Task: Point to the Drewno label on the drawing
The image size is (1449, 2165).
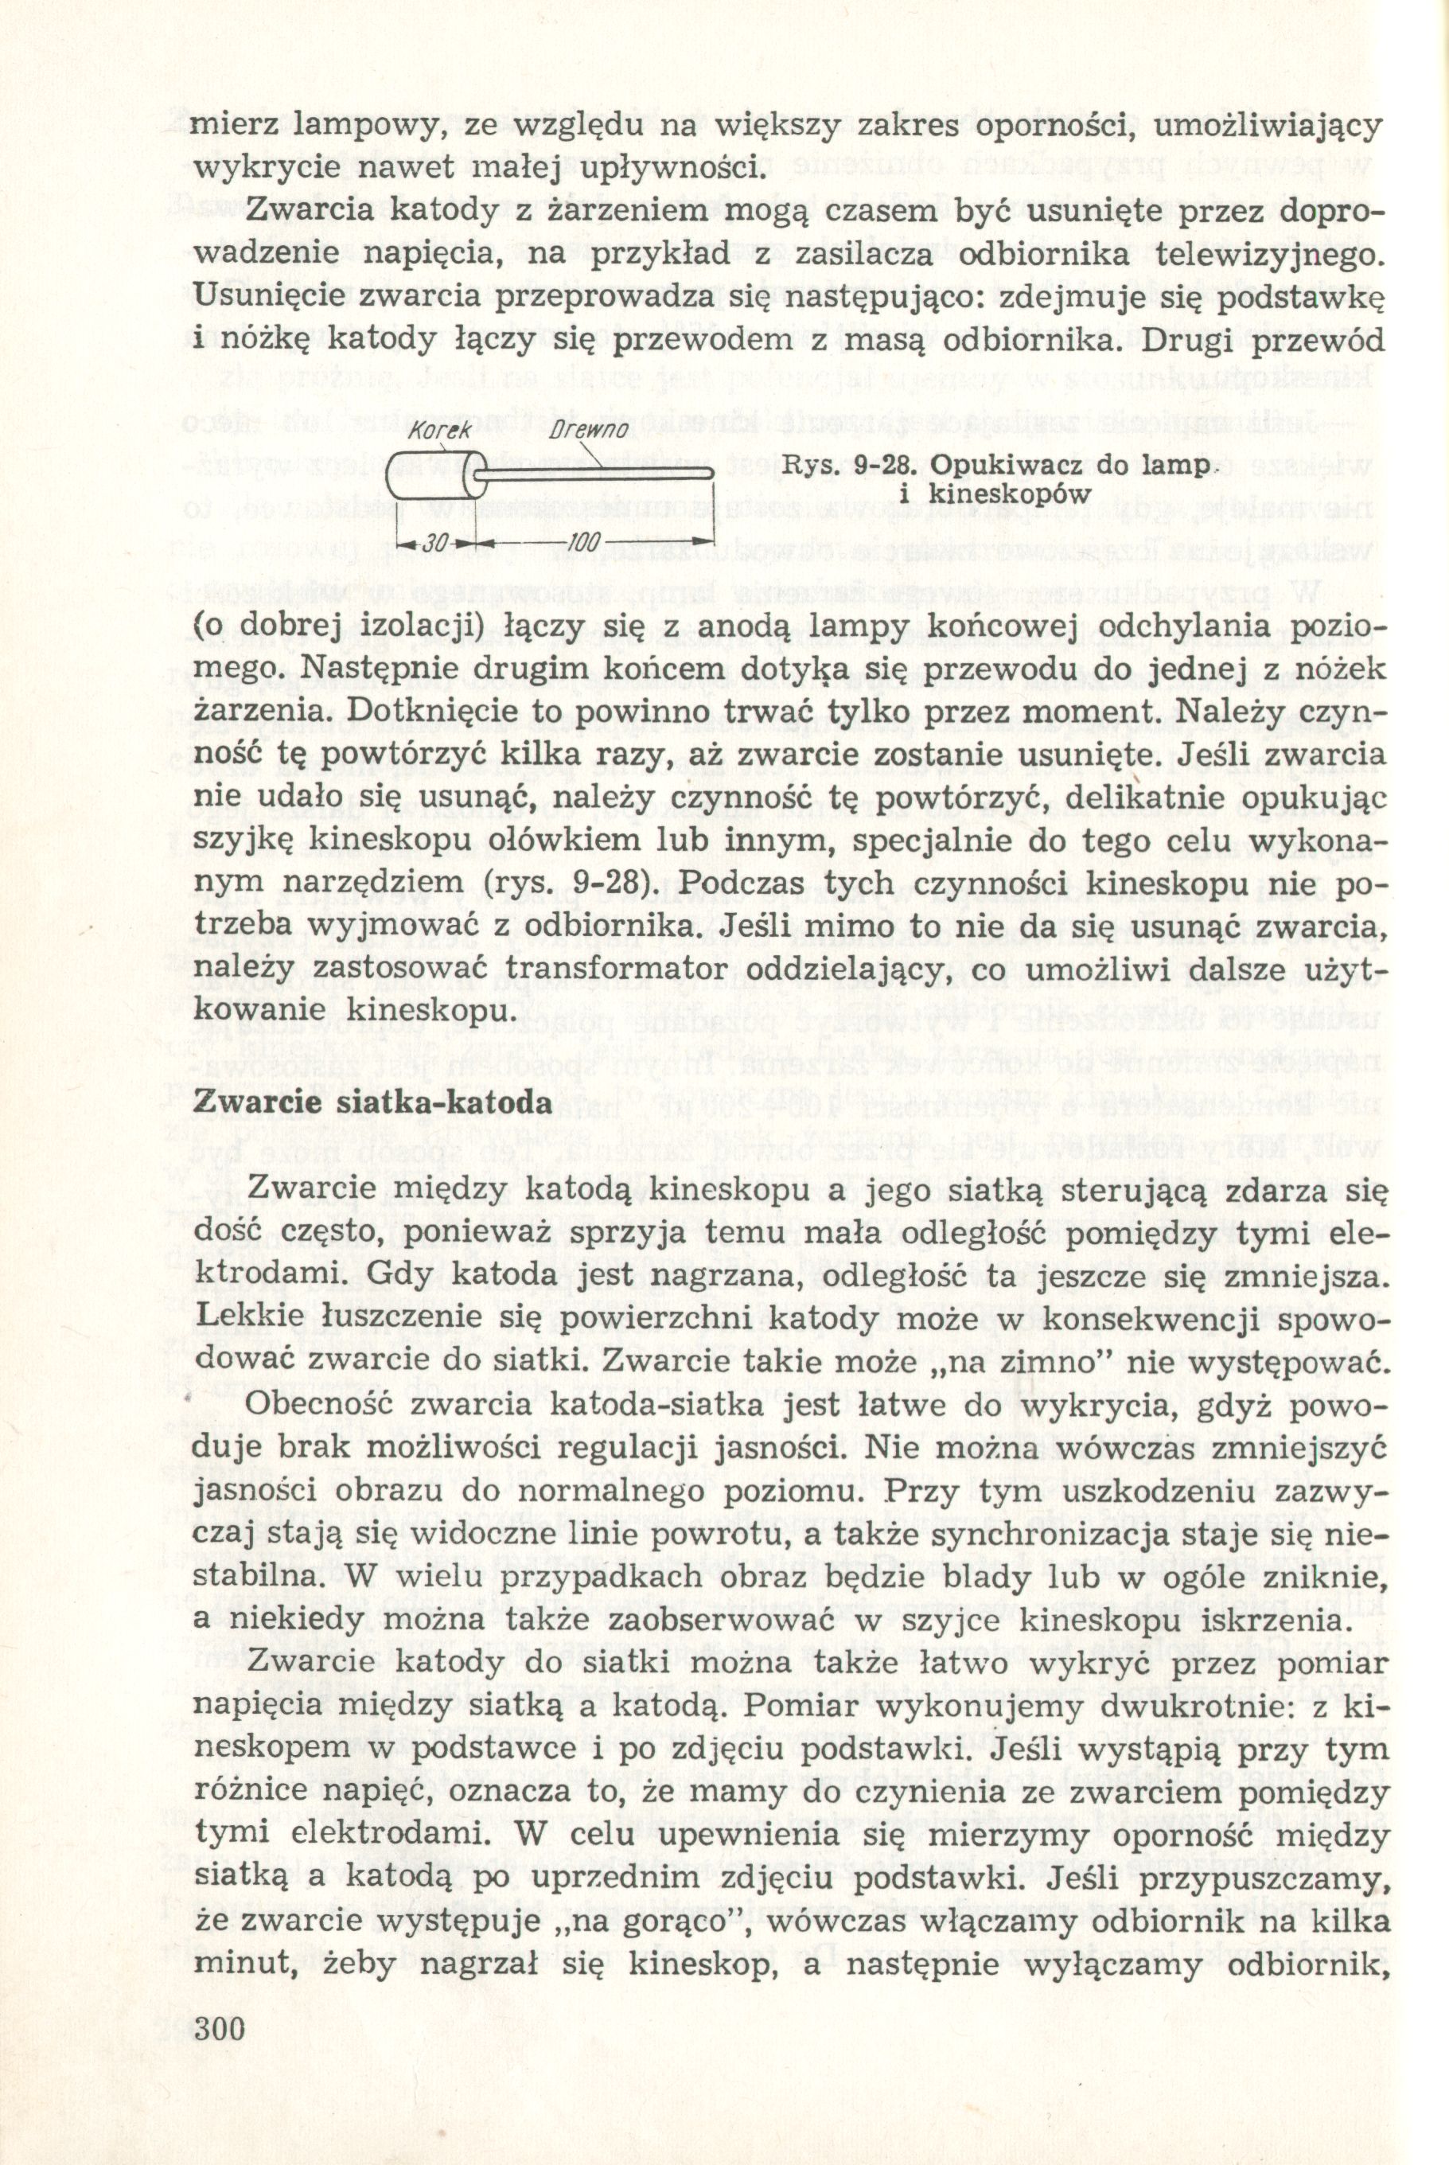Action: pyautogui.click(x=589, y=431)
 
